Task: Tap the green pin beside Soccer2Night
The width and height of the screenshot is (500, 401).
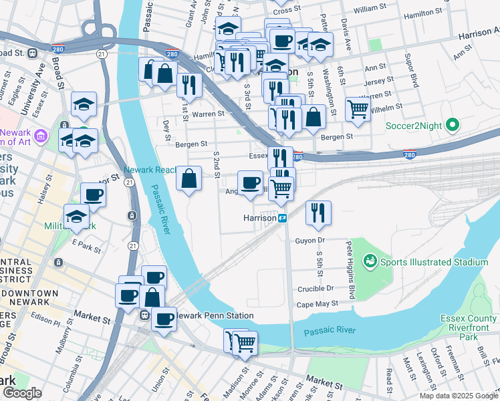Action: [452, 125]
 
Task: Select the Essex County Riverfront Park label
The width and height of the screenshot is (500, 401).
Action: [468, 328]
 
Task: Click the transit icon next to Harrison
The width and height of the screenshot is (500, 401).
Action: [283, 218]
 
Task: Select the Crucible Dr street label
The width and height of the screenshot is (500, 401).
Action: [315, 288]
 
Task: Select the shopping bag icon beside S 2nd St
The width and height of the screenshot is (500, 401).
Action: [189, 178]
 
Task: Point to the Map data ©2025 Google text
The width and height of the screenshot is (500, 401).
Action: [459, 396]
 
